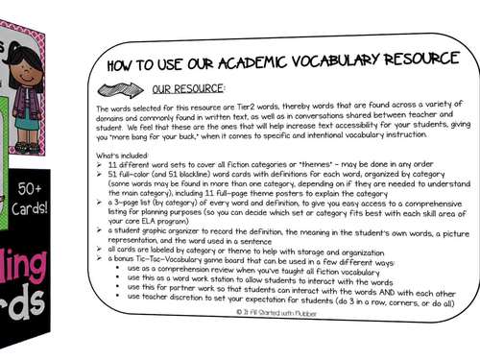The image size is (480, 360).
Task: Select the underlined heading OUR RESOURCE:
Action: point(188,88)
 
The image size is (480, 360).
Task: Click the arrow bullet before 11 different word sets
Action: point(101,165)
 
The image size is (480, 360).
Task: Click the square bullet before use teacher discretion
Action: point(117,303)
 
